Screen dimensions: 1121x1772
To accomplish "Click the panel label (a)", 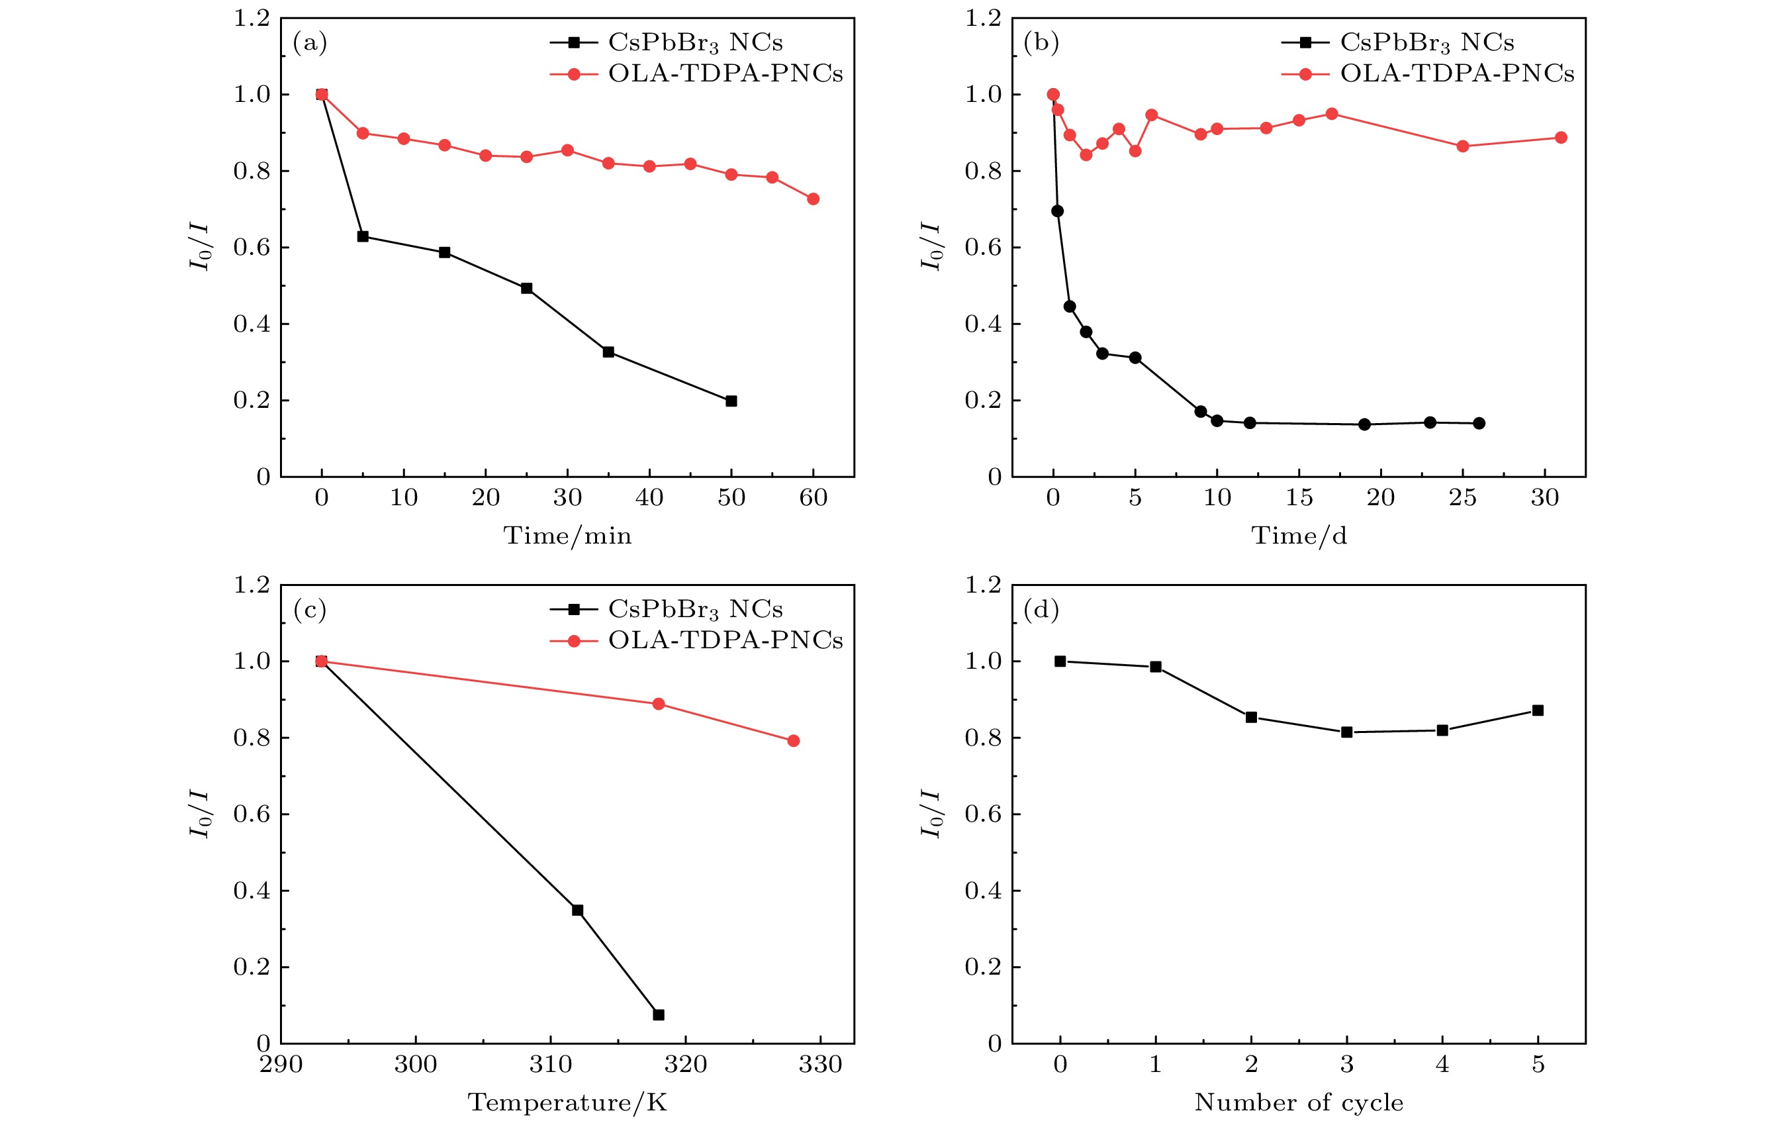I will pyautogui.click(x=309, y=42).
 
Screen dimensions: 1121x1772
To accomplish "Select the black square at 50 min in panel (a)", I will pyautogui.click(x=731, y=401).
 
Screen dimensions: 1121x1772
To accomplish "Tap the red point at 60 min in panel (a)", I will pyautogui.click(x=813, y=199).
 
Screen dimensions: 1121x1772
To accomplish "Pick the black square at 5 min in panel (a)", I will pyautogui.click(x=363, y=236).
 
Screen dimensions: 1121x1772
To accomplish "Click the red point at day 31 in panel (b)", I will pyautogui.click(x=1561, y=138).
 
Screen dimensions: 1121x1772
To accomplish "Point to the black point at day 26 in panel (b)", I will pyautogui.click(x=1479, y=423).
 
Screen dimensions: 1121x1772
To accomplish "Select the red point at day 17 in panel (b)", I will pyautogui.click(x=1331, y=114).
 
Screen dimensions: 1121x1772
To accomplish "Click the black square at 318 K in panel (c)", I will pyautogui.click(x=659, y=1015).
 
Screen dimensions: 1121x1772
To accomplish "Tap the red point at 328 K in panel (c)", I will pyautogui.click(x=793, y=740).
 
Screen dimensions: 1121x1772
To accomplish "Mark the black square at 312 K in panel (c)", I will pyautogui.click(x=578, y=910).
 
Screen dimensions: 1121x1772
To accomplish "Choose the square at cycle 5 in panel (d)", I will pyautogui.click(x=1538, y=710).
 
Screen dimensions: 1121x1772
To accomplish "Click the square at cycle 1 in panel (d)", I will pyautogui.click(x=1155, y=667).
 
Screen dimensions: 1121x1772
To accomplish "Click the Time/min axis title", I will pyautogui.click(x=567, y=536).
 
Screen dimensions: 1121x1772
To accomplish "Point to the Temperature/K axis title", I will pyautogui.click(x=567, y=1102).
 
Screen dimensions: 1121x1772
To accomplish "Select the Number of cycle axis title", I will pyautogui.click(x=1299, y=1102).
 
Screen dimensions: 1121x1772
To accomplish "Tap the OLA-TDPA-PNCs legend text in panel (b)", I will pyautogui.click(x=1457, y=73).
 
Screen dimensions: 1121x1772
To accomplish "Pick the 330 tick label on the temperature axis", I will pyautogui.click(x=821, y=1064).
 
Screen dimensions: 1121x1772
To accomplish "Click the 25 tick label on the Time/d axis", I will pyautogui.click(x=1462, y=499).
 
